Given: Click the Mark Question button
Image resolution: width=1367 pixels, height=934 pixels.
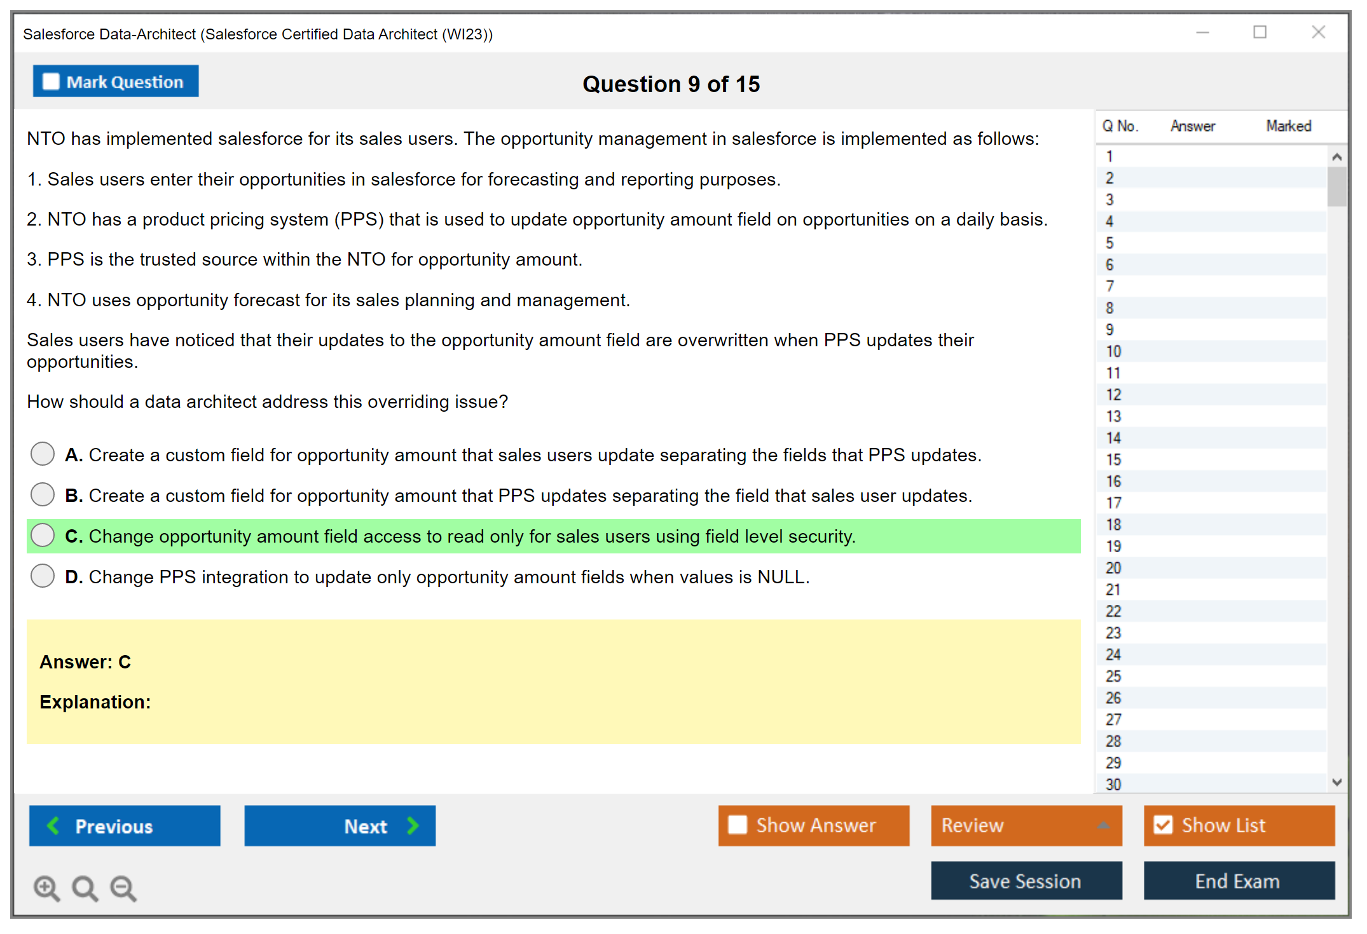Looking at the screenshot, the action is pyautogui.click(x=116, y=81).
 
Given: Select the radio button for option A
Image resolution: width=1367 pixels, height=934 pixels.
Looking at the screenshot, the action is pyautogui.click(x=43, y=454).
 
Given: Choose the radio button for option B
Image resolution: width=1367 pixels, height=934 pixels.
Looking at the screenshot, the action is pyautogui.click(x=43, y=495).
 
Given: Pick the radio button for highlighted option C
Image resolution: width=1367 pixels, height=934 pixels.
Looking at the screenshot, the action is pyautogui.click(x=43, y=536).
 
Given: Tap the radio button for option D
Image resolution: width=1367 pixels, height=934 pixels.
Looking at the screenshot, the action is pyautogui.click(x=43, y=576).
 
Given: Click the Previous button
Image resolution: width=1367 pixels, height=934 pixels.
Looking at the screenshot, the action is pyautogui.click(x=125, y=826).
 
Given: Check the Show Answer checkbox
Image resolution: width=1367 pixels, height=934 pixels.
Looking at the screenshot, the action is pyautogui.click(x=738, y=825).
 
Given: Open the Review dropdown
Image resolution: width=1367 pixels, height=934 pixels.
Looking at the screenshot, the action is pyautogui.click(x=1026, y=826).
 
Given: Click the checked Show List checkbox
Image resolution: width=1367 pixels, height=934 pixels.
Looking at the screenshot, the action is pyautogui.click(x=1163, y=825).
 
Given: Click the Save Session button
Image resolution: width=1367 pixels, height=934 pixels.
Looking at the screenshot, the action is pyautogui.click(x=1026, y=881).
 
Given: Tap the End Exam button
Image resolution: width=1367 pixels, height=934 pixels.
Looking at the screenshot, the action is pyautogui.click(x=1239, y=881).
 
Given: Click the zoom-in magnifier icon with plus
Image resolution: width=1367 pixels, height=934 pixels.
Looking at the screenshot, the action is pyautogui.click(x=47, y=888).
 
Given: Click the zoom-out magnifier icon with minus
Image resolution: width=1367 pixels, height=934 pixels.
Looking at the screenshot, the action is pyautogui.click(x=123, y=888).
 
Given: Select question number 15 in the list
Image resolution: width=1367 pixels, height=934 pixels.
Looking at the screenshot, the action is pyautogui.click(x=1114, y=459).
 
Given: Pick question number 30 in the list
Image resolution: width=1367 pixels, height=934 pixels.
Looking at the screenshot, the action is pyautogui.click(x=1114, y=784).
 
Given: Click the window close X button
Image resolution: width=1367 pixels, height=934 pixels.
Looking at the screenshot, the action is pyautogui.click(x=1319, y=32).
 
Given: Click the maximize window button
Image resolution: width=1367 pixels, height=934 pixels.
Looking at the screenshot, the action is pyautogui.click(x=1260, y=32).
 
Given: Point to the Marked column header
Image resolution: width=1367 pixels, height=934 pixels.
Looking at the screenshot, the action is pyautogui.click(x=1289, y=126).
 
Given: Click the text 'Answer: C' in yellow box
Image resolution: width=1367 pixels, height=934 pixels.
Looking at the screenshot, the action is pyautogui.click(x=85, y=662).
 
